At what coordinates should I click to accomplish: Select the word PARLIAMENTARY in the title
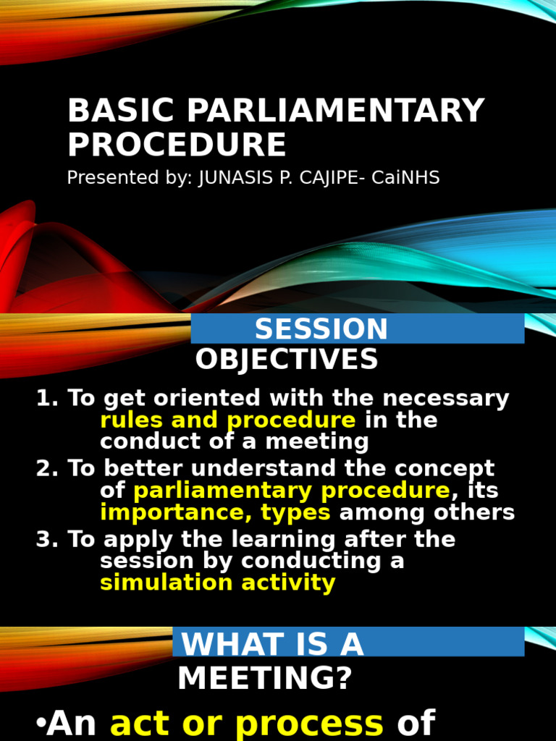336,111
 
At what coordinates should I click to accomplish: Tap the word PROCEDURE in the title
177,144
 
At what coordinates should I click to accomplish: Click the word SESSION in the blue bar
321,329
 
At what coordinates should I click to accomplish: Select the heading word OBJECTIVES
287,360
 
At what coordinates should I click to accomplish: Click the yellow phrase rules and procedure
228,420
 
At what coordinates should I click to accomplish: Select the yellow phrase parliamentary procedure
292,491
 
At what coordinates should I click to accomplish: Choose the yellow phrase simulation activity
218,583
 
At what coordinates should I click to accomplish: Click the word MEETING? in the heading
264,679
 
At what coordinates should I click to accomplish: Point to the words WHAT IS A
272,644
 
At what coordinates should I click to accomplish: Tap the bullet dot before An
40,724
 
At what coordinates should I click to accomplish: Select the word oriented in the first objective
206,399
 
